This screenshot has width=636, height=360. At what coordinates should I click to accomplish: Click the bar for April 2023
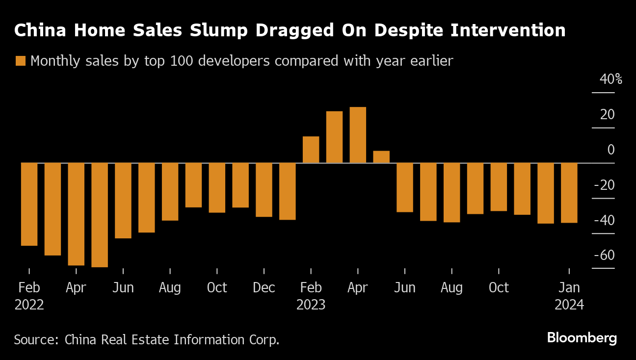pos(358,135)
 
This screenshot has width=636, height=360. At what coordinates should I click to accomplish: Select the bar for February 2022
pos(29,204)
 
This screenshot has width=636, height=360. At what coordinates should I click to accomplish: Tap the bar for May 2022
pos(100,215)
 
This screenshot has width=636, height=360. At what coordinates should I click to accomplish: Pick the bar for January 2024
pos(569,193)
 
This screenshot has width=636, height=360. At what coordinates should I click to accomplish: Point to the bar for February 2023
pos(311,150)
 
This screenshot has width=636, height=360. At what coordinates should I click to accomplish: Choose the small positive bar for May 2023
pos(381,157)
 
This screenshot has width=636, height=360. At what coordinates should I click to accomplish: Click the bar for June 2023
pos(405,187)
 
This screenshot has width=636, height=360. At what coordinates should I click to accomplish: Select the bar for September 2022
pos(193,185)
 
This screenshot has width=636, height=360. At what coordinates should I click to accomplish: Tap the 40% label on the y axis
pos(611,79)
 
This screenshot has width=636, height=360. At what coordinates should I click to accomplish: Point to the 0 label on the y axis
pos(611,150)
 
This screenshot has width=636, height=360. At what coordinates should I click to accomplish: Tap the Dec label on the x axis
pos(264,287)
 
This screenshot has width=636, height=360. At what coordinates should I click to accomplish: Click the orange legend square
pos(21,61)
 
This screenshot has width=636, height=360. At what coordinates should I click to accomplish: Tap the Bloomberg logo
pos(582,338)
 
